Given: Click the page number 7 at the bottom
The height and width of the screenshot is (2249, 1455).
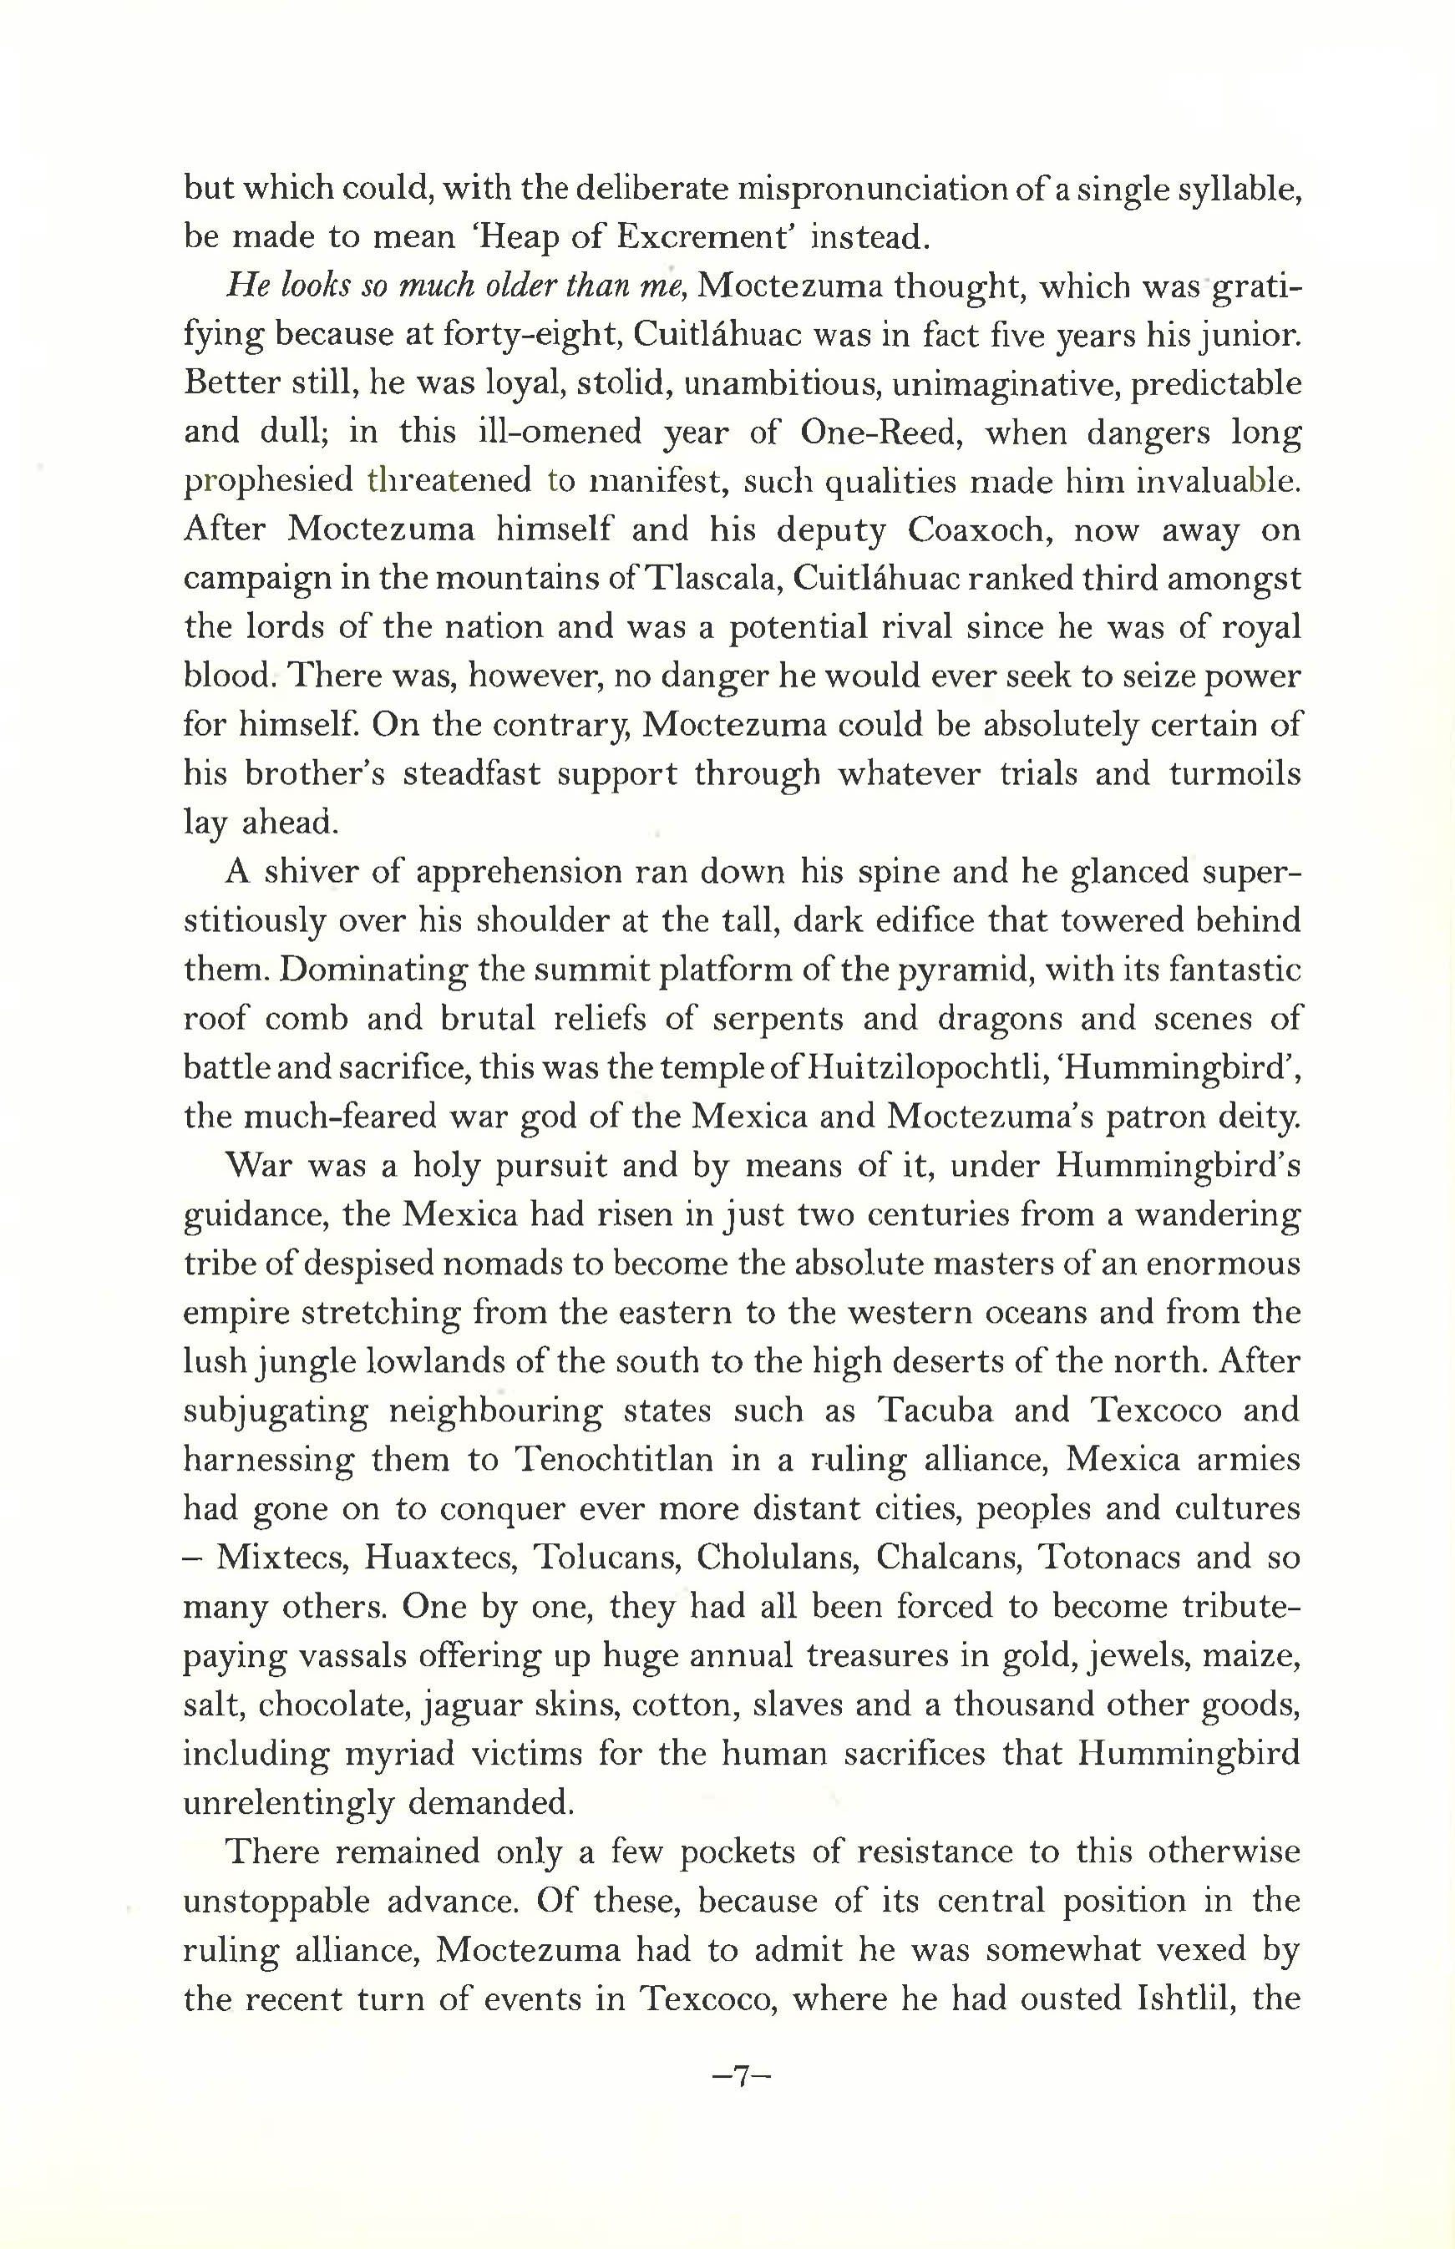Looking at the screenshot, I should [742, 2076].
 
